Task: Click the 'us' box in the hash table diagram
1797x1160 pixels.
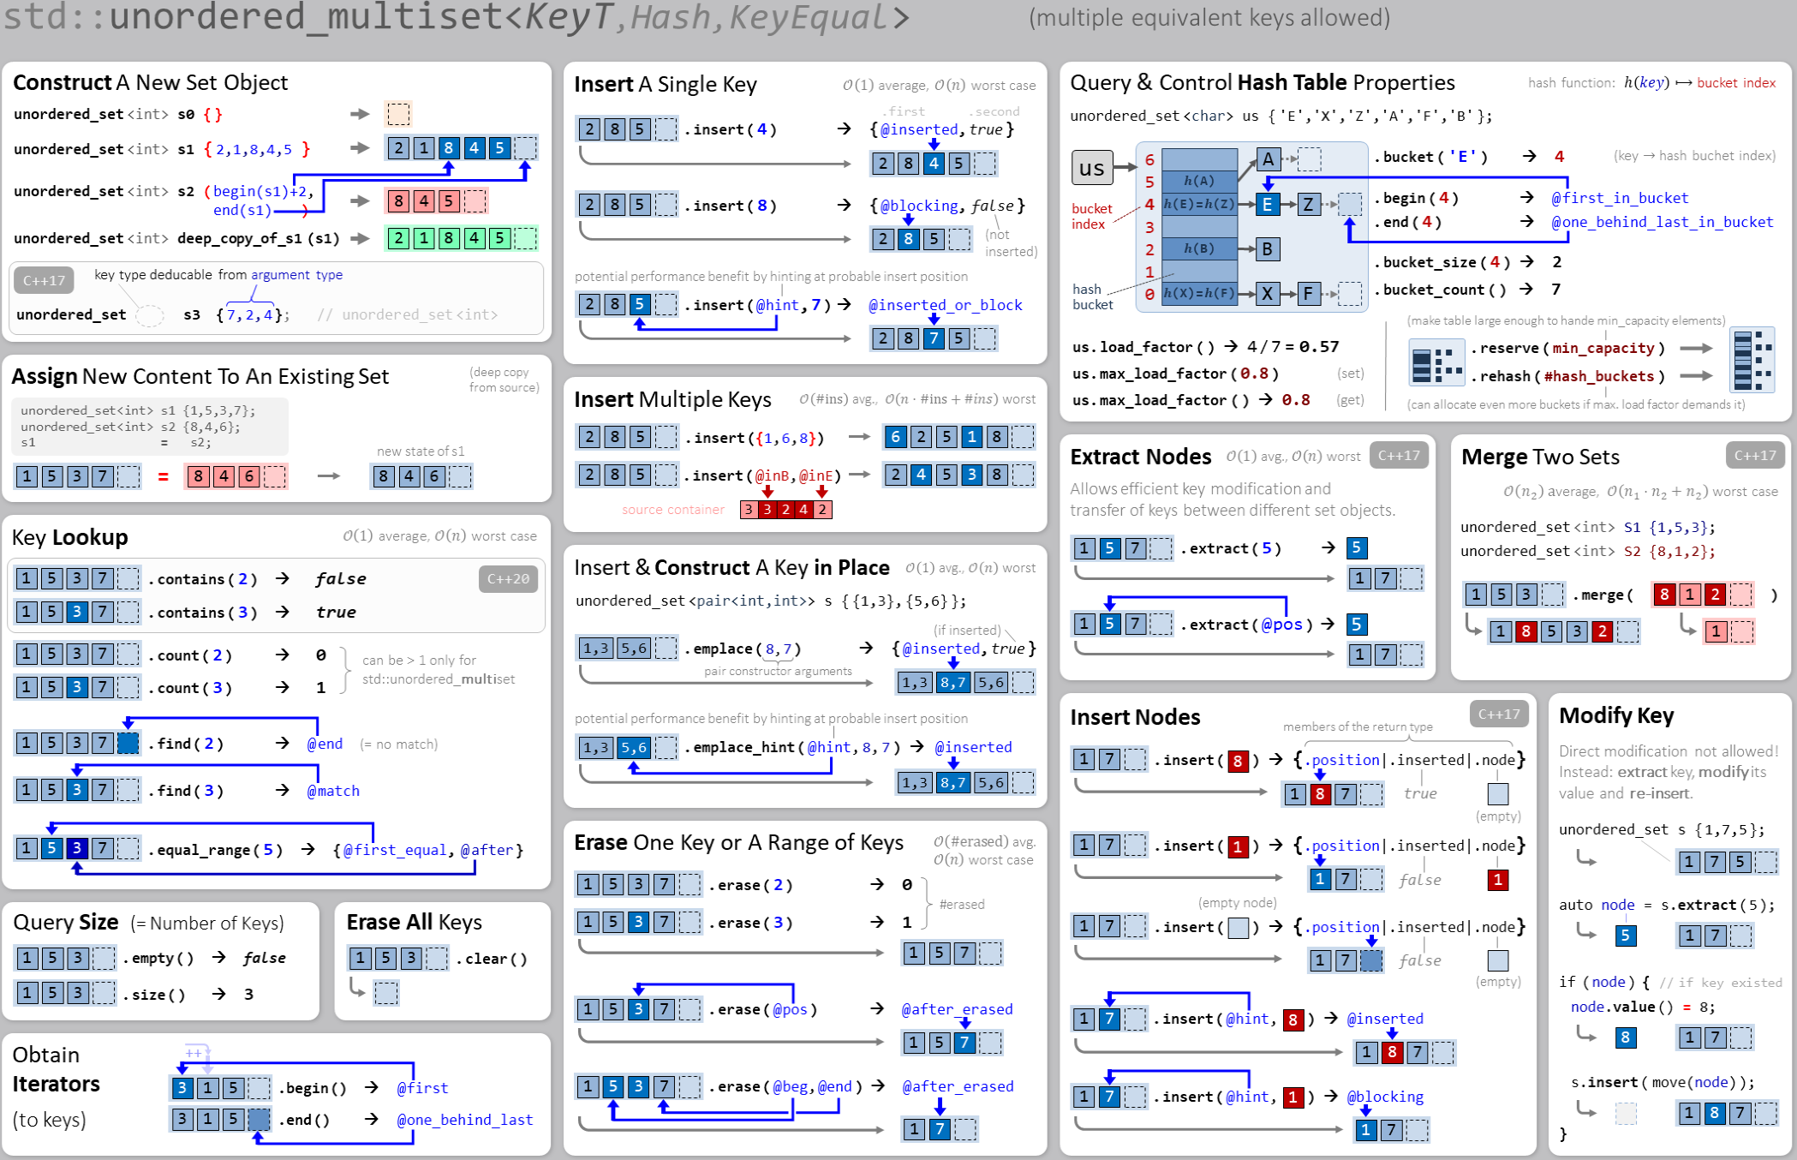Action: click(x=1091, y=168)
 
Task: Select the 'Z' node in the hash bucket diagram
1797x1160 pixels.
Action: click(x=1308, y=204)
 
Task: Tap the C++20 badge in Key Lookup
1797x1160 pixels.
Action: click(x=508, y=579)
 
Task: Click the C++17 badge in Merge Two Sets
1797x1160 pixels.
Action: click(x=1754, y=456)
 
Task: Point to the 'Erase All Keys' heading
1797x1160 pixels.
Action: click(x=414, y=922)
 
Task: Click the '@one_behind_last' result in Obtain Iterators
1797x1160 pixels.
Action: click(x=464, y=1120)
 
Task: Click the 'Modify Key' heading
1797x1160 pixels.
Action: click(x=1615, y=715)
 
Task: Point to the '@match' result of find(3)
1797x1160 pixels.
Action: click(x=333, y=791)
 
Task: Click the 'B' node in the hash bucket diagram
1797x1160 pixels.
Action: click(x=1268, y=249)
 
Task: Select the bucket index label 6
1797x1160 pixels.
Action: click(x=1149, y=159)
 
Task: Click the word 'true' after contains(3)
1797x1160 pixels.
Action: click(x=336, y=612)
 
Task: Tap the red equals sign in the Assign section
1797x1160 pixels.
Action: click(x=163, y=476)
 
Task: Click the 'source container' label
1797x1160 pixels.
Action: click(x=672, y=510)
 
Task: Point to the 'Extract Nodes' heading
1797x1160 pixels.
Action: click(x=1140, y=457)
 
